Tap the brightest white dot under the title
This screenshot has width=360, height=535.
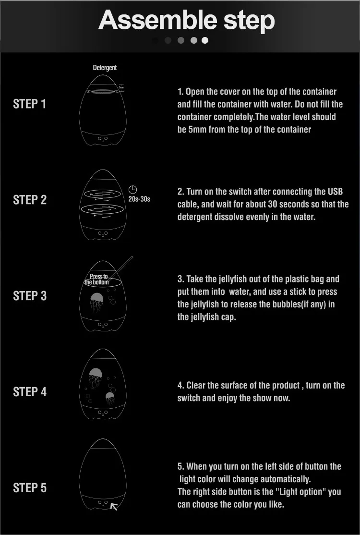pyautogui.click(x=205, y=40)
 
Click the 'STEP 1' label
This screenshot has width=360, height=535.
pyautogui.click(x=30, y=104)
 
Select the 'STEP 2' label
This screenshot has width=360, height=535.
pyautogui.click(x=30, y=200)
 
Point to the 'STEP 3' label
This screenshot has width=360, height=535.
pyautogui.click(x=30, y=296)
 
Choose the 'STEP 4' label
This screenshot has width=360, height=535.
pyautogui.click(x=30, y=392)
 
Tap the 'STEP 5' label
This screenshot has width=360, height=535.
pyautogui.click(x=30, y=488)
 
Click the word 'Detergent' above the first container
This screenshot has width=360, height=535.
pyautogui.click(x=105, y=68)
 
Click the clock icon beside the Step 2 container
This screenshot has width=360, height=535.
pyautogui.click(x=132, y=190)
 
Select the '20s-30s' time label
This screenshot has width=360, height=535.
pyautogui.click(x=139, y=199)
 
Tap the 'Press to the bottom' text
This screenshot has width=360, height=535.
pyautogui.click(x=97, y=279)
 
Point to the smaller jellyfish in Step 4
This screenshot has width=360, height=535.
pyautogui.click(x=110, y=398)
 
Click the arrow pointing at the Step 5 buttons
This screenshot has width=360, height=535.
pyautogui.click(x=114, y=507)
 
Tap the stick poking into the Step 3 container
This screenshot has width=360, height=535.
pyautogui.click(x=121, y=268)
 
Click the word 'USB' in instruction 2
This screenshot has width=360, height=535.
pyautogui.click(x=336, y=192)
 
